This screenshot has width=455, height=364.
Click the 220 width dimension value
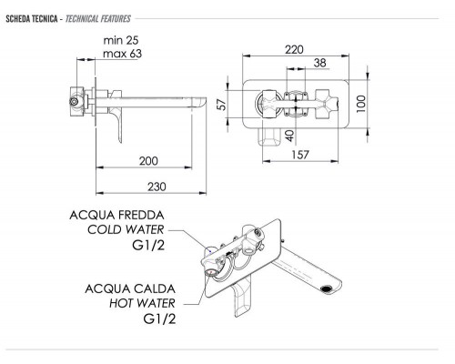pyautogui.click(x=294, y=49)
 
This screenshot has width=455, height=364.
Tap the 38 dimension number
pyautogui.click(x=320, y=63)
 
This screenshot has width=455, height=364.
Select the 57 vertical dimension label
pyautogui.click(x=223, y=105)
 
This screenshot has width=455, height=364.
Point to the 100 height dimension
pyautogui.click(x=360, y=104)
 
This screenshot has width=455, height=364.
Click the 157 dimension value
pyautogui.click(x=300, y=155)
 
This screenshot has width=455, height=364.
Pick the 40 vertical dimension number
pyautogui.click(x=290, y=136)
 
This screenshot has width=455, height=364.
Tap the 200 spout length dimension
pyautogui.click(x=148, y=161)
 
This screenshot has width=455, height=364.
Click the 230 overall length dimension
pyautogui.click(x=157, y=187)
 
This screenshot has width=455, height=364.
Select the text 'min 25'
pyautogui.click(x=121, y=40)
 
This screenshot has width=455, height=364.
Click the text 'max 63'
pyautogui.click(x=122, y=54)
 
